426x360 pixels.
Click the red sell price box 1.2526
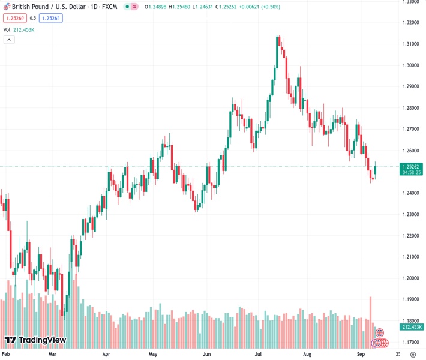point(16,18)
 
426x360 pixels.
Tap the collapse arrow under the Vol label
point(9,40)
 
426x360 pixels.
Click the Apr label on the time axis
point(107,355)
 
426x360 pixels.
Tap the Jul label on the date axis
point(260,355)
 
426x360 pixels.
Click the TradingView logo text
point(42,340)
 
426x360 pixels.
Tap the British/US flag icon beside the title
point(7,7)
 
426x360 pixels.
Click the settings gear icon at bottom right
point(413,355)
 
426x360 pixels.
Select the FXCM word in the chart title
point(109,7)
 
